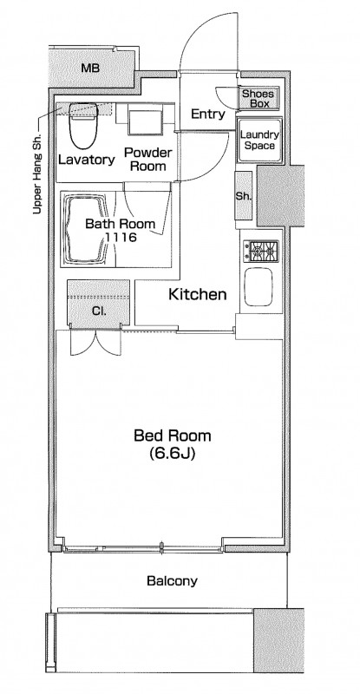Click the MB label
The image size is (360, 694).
(90, 69)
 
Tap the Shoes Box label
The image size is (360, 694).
(259, 99)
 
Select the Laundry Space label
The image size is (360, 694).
(259, 141)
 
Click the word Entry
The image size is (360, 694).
(207, 115)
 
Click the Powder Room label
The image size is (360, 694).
(147, 160)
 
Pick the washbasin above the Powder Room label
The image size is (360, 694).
(145, 120)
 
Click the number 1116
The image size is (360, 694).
(121, 237)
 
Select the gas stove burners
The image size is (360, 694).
(261, 252)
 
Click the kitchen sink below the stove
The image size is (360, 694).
(259, 287)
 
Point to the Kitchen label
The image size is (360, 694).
(198, 294)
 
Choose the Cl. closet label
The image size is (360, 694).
(99, 311)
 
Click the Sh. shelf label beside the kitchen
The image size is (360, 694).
(243, 197)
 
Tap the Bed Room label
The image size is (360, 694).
(173, 436)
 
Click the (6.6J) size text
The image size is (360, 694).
(173, 454)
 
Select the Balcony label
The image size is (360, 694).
(173, 580)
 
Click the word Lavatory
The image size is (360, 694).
(87, 160)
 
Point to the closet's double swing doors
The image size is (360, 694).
(95, 342)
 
